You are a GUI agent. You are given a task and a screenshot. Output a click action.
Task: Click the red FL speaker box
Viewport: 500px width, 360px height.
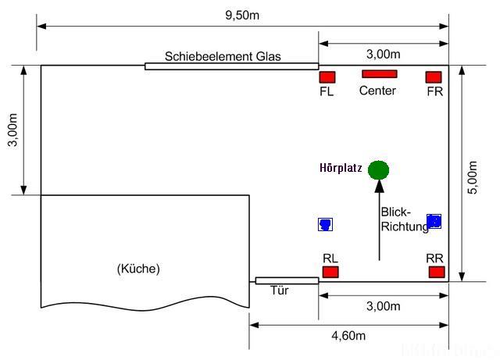click(327, 77)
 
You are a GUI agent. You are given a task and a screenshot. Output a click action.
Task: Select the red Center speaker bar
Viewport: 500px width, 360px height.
click(380, 74)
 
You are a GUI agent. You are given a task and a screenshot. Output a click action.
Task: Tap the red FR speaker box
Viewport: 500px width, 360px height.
click(434, 77)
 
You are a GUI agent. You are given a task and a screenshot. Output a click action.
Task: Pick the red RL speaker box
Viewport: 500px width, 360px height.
click(330, 272)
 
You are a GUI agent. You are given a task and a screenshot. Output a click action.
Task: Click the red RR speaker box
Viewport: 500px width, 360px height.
click(437, 272)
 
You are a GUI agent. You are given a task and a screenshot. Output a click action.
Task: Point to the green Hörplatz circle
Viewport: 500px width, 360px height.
click(378, 169)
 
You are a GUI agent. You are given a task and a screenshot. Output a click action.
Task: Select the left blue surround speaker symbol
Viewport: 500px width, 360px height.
click(326, 224)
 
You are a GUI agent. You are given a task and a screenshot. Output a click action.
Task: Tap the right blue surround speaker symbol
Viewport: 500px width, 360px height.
click(434, 221)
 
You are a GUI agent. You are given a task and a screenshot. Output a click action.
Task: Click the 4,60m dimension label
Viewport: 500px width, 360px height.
click(348, 336)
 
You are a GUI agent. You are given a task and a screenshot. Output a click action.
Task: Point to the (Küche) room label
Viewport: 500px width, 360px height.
click(138, 269)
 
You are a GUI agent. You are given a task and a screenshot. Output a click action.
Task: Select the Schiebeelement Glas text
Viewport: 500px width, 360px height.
click(223, 56)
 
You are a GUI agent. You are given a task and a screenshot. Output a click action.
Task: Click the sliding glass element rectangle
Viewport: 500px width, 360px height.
click(231, 66)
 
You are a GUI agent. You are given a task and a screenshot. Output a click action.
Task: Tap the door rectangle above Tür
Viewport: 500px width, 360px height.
click(287, 280)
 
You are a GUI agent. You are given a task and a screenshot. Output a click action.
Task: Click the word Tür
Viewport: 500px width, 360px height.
click(280, 290)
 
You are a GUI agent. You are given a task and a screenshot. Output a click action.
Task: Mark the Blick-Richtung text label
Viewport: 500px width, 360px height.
click(404, 219)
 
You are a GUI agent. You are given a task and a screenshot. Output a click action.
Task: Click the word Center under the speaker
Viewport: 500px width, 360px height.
click(377, 91)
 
